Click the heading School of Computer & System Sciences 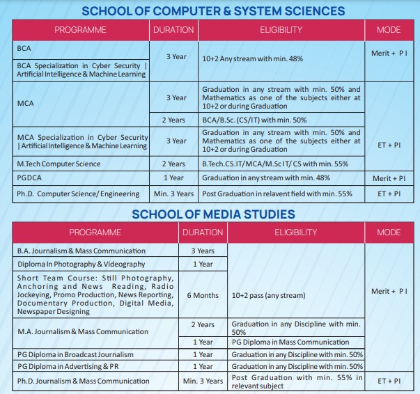tap(213, 10)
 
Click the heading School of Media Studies tap(213, 214)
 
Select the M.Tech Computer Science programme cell tap(59, 164)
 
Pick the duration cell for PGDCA tap(173, 178)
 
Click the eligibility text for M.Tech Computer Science tap(274, 164)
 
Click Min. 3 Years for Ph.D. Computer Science tap(173, 193)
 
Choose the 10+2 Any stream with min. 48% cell tap(252, 59)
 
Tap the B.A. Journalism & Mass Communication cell tap(81, 251)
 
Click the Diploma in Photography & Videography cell tap(81, 264)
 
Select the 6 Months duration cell tap(203, 295)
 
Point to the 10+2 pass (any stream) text tap(268, 295)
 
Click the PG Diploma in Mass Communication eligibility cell tap(290, 342)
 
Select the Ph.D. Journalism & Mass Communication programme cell tap(84, 381)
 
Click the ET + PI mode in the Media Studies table tap(389, 381)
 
